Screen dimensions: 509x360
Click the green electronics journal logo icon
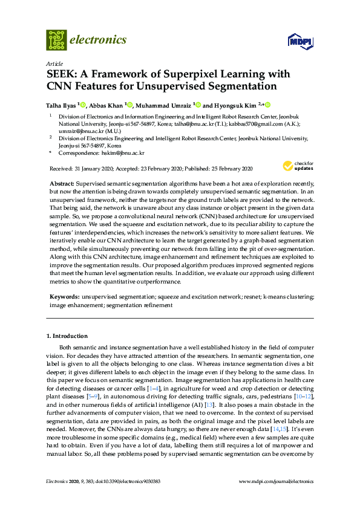point(56,40)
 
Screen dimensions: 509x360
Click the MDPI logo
point(300,42)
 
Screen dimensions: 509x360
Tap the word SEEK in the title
point(62,75)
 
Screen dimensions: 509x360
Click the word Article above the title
point(53,63)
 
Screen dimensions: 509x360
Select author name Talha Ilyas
point(62,103)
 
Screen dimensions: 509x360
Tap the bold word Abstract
point(62,183)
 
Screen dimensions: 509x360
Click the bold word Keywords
point(64,297)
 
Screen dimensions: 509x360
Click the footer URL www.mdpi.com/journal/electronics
point(277,481)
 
